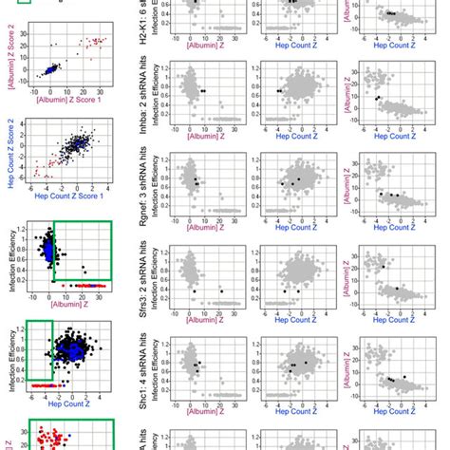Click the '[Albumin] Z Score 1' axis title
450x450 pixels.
[x=68, y=98]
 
